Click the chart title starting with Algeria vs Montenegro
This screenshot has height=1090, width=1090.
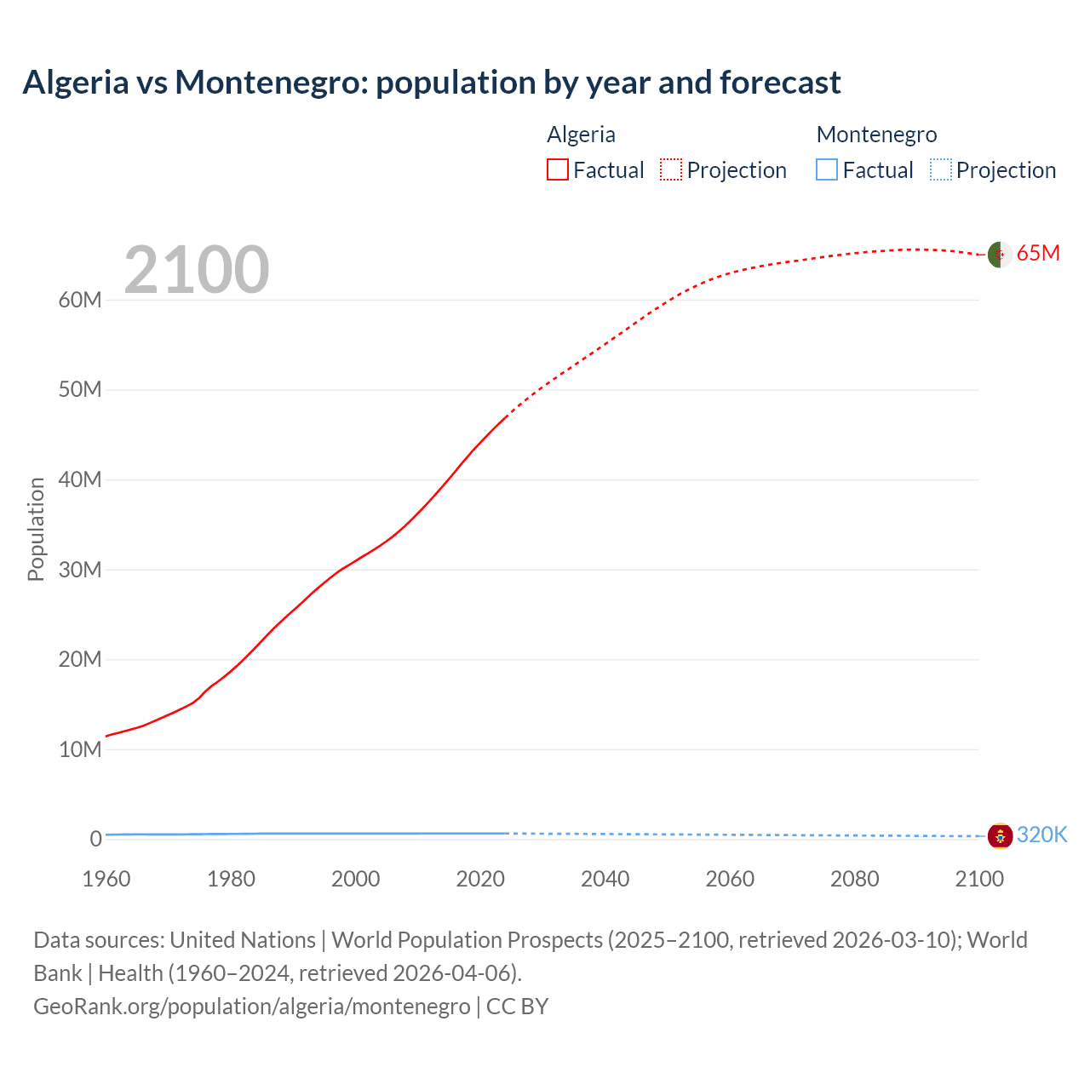[x=431, y=83]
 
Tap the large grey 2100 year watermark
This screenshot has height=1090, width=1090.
[x=197, y=270]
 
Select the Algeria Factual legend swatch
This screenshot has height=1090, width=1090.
[x=557, y=170]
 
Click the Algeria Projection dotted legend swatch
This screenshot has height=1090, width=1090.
[x=671, y=170]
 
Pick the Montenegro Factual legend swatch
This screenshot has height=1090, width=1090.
[x=826, y=170]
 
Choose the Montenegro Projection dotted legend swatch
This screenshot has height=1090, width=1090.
[x=940, y=170]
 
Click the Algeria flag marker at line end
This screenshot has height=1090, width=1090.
[x=999, y=254]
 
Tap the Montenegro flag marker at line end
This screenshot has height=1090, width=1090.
[x=999, y=835]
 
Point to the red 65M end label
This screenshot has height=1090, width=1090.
[x=1038, y=254]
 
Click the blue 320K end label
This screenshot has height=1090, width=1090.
[x=1041, y=835]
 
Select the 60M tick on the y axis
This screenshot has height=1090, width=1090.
[x=80, y=300]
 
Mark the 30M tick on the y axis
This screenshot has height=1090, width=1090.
[x=80, y=570]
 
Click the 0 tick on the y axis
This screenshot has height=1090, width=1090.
[x=95, y=839]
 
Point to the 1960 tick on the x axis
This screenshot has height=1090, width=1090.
[x=106, y=879]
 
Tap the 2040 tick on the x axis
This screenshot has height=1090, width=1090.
[x=605, y=879]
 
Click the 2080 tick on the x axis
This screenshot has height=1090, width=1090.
[x=854, y=879]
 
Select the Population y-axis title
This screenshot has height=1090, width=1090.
[x=36, y=529]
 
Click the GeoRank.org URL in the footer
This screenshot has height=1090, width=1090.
[x=251, y=1007]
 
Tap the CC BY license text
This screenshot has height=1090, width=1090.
[x=517, y=1007]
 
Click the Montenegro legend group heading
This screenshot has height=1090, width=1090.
[x=876, y=135]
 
